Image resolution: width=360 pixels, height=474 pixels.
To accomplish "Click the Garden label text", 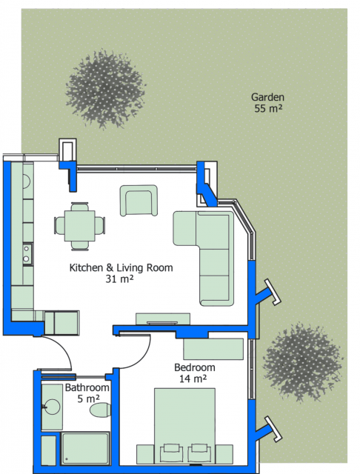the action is [267, 97].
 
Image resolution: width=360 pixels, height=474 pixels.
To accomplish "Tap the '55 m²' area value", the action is [268, 108].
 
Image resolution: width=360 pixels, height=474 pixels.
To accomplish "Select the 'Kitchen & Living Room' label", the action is [121, 267].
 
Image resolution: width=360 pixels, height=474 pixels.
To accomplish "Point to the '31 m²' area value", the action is [119, 278].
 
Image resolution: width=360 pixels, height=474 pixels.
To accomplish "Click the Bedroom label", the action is [195, 367].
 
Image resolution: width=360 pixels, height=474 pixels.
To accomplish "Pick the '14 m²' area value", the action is [193, 378].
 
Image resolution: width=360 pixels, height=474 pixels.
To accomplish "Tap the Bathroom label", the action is [87, 387].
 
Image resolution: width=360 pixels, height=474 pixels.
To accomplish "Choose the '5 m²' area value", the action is [88, 398].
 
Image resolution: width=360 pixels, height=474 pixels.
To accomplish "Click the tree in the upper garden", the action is [106, 89].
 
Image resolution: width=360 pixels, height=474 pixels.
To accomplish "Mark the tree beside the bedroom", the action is [302, 363].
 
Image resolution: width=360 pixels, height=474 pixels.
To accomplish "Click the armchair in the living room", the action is [139, 201].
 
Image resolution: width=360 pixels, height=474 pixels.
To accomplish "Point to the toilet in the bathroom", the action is [100, 410].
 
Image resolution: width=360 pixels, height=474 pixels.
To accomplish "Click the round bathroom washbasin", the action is [51, 407].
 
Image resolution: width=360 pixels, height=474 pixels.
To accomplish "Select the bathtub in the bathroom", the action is [85, 448].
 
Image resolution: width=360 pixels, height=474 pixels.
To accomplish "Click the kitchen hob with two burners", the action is [27, 254].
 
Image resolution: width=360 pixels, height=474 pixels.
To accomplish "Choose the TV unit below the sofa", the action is [163, 319].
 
